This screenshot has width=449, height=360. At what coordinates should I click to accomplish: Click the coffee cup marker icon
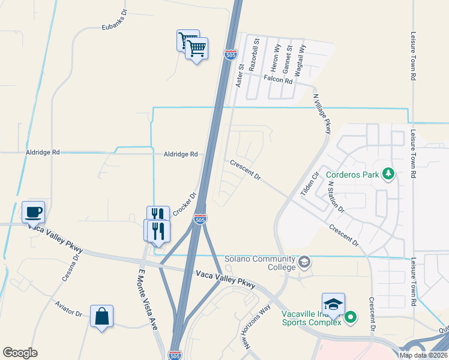tap(33, 212)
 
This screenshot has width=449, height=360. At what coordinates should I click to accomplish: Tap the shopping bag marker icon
tap(101, 316)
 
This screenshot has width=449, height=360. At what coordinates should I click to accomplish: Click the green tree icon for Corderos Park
tap(389, 175)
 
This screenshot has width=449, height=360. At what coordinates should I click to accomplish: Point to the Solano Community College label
tap(261, 262)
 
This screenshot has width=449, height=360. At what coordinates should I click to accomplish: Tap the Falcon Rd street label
tap(277, 80)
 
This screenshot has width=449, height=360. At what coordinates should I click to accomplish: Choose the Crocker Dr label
tap(185, 204)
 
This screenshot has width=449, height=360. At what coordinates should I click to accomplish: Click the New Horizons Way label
tap(254, 328)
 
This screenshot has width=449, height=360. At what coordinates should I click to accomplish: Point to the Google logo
tap(20, 352)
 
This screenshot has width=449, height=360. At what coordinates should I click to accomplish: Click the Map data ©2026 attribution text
tap(423, 355)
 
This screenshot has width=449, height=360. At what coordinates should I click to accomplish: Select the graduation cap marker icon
tap(333, 304)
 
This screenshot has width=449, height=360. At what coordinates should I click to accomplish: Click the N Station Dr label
tap(335, 198)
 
